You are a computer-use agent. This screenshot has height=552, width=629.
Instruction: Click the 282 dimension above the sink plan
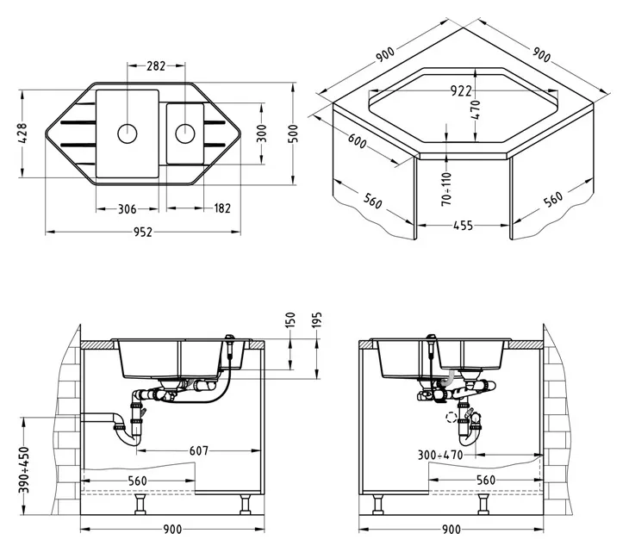[156, 65]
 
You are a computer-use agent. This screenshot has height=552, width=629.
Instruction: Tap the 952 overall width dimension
[143, 233]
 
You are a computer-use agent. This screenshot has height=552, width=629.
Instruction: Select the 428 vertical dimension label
[22, 133]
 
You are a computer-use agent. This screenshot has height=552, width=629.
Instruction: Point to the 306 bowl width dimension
[128, 209]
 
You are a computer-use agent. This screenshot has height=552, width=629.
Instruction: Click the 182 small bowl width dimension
[221, 208]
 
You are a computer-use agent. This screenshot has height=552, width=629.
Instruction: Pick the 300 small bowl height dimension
[261, 133]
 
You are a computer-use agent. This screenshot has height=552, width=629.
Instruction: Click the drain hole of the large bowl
[128, 133]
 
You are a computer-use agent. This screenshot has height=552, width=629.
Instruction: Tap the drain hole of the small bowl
[185, 133]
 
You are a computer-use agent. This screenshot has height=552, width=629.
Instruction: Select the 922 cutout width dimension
[461, 91]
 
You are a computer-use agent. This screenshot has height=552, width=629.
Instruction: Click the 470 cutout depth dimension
[476, 110]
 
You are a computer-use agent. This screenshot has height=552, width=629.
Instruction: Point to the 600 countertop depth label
[357, 140]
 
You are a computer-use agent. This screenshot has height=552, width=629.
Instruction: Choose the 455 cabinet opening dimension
[463, 226]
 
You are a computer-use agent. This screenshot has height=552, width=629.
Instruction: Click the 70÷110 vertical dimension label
[447, 189]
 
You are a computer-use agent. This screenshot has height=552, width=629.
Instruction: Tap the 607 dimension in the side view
[199, 451]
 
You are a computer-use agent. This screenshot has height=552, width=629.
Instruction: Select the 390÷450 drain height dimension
[24, 470]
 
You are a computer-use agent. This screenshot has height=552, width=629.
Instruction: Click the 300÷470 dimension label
[440, 455]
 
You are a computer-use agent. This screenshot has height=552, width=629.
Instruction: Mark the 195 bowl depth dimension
[317, 320]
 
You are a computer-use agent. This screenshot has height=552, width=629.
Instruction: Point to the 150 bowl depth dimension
[290, 320]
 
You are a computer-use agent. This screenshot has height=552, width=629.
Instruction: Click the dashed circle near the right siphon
[452, 418]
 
